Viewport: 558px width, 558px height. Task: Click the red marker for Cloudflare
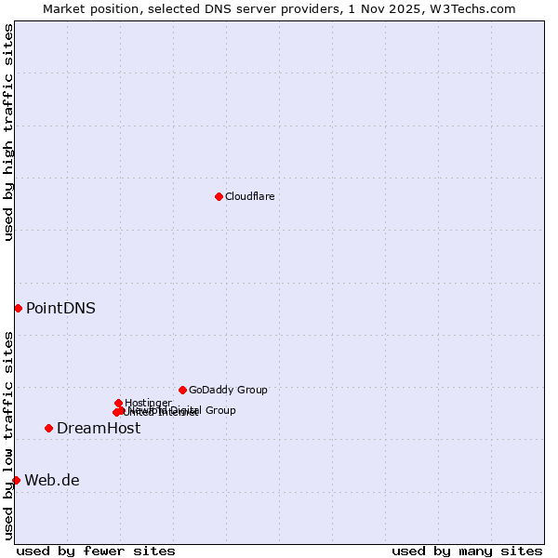219,196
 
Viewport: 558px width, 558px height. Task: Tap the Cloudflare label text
249,196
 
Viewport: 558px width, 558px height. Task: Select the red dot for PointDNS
18,308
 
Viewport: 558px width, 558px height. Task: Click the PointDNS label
60,308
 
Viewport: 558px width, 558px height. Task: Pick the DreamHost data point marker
48,428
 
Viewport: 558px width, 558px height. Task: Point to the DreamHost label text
99,428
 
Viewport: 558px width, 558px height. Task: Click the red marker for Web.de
16,480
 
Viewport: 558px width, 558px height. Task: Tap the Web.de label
52,480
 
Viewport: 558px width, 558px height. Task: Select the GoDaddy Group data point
182,390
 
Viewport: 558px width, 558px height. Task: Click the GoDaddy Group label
228,390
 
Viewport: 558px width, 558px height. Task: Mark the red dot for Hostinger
118,403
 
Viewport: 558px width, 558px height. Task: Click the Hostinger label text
148,403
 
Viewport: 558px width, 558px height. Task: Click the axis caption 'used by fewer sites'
96,551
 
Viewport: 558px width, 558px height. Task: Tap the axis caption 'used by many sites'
467,551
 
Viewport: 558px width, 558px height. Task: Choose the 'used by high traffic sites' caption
8,133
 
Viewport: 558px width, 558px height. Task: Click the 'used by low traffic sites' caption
8,435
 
